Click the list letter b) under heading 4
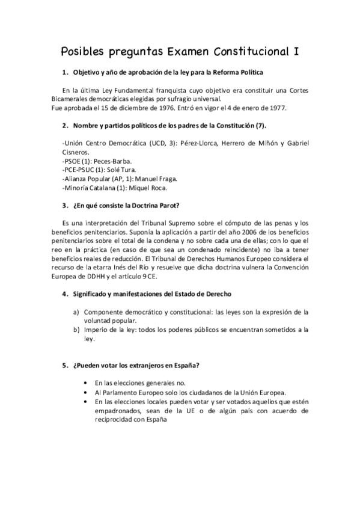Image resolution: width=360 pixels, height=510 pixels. pos(76,330)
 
